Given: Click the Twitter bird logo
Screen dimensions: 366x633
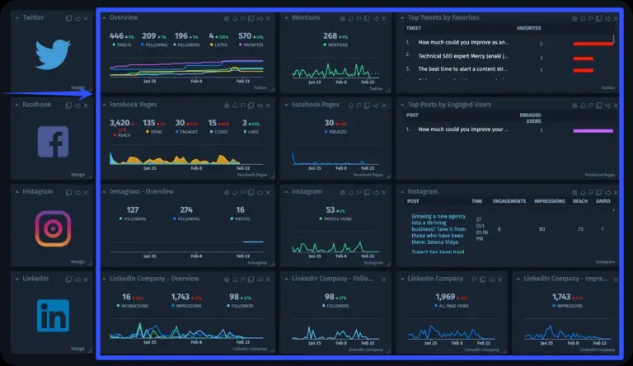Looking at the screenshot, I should [x=55, y=54].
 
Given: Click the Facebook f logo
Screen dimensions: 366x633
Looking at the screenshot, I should [x=53, y=142].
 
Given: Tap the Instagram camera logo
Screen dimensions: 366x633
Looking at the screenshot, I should [x=53, y=228].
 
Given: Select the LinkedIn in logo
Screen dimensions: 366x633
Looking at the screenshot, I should [x=53, y=316].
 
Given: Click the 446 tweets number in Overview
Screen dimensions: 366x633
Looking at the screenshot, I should [x=117, y=35].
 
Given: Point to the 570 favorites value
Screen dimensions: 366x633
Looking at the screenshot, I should [x=245, y=35].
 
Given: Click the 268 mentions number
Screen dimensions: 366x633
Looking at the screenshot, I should [x=331, y=35].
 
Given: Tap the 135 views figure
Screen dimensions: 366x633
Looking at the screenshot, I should [x=149, y=123].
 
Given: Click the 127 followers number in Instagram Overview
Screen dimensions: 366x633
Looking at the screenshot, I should [x=133, y=210].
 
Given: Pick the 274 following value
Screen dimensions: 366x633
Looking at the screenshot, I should [x=186, y=210].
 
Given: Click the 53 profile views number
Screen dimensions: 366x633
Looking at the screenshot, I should [x=330, y=210].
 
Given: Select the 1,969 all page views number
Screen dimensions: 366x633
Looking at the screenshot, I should [x=445, y=297].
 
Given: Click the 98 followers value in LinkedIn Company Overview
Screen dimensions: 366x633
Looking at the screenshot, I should [x=235, y=297].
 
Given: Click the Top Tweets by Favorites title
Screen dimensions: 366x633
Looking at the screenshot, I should [x=443, y=17].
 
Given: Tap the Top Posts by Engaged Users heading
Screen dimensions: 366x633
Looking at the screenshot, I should [x=449, y=105].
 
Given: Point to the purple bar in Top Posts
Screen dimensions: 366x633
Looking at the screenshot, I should [x=593, y=130].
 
